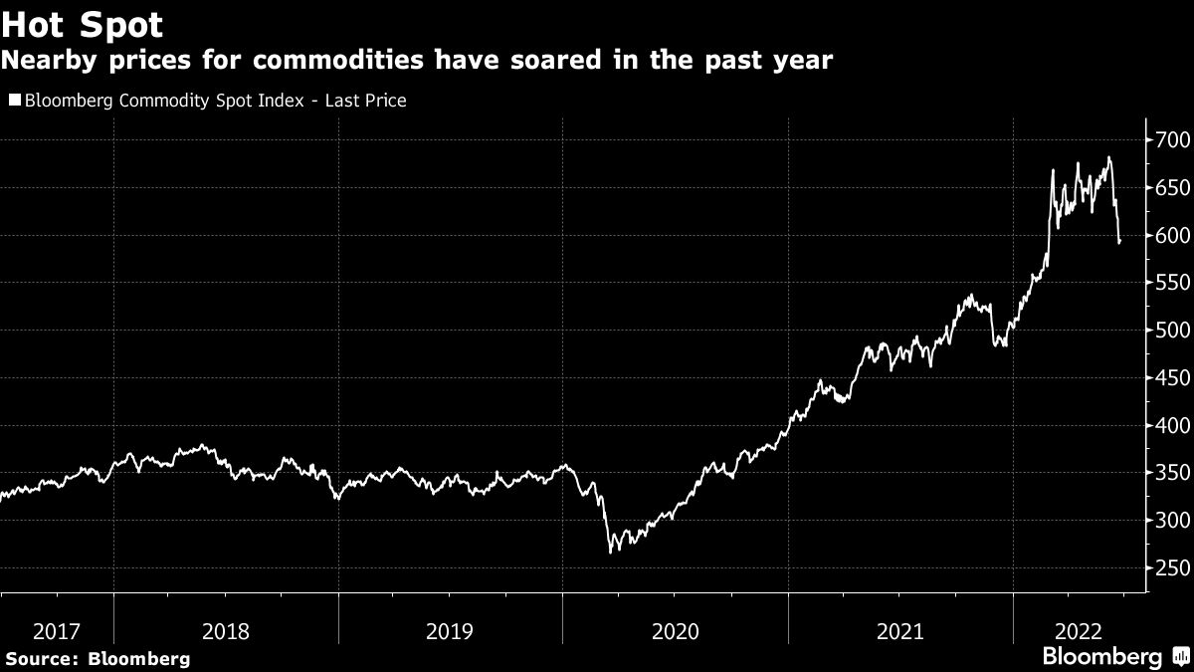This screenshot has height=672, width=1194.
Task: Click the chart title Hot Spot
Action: (82, 24)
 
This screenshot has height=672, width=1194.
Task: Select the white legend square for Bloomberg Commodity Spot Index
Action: (15, 101)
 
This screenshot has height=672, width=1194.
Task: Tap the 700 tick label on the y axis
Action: (1171, 140)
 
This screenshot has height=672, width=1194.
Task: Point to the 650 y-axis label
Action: (1171, 188)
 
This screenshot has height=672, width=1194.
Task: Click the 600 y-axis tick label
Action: (1171, 236)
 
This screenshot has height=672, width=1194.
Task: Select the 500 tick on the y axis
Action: (1171, 331)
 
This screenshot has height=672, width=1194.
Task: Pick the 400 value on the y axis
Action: (1171, 426)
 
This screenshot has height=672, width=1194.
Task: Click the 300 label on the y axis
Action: (1171, 521)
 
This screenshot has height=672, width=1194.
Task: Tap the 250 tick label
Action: (1171, 568)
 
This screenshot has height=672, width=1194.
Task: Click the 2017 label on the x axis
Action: (57, 631)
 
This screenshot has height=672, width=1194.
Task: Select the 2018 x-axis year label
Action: (226, 631)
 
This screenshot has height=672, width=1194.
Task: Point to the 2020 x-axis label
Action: (676, 631)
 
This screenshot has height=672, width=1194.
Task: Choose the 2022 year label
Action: (1078, 631)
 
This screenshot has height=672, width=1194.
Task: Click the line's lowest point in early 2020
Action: (610, 552)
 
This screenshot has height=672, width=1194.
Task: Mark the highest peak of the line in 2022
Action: (1108, 157)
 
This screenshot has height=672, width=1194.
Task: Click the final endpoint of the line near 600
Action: (1120, 242)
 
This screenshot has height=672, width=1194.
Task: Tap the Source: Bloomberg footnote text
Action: (97, 658)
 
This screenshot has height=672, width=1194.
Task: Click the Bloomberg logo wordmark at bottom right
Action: (1101, 657)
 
